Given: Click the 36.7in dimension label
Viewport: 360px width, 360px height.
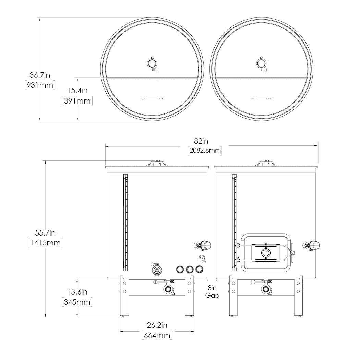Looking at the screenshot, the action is [x=40, y=75].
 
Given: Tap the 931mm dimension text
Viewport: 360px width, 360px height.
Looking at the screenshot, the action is [x=40, y=85].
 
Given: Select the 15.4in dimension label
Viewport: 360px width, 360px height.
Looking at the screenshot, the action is [x=77, y=91].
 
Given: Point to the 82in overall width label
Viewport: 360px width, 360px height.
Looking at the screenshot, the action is [x=201, y=141].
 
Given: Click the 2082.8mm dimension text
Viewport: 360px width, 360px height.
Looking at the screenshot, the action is [x=205, y=151].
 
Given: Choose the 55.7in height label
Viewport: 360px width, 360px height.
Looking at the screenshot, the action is [x=45, y=233].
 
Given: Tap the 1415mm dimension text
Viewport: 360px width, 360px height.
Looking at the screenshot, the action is [x=45, y=243].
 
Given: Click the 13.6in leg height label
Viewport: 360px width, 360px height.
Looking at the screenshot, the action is [x=77, y=292].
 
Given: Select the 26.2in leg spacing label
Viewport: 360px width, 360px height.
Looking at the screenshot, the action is [x=157, y=325].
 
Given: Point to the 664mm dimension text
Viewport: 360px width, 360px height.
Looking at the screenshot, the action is [x=157, y=335].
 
